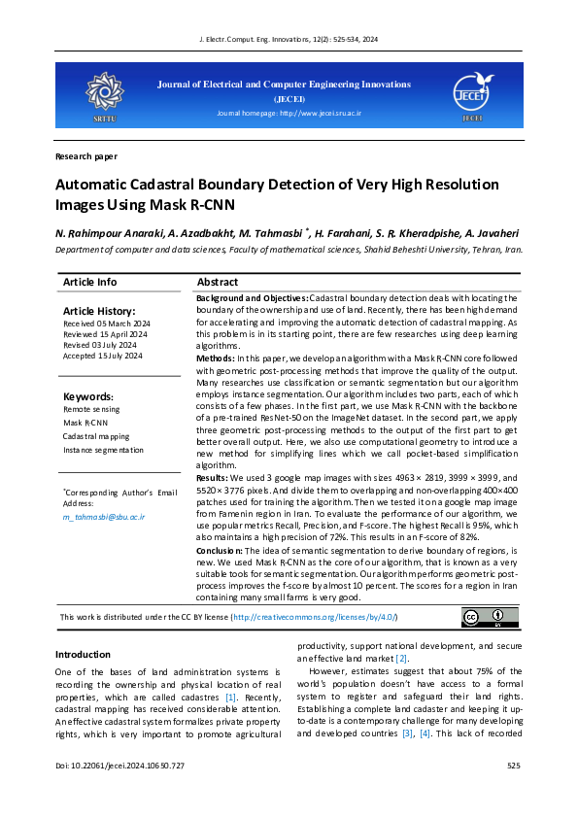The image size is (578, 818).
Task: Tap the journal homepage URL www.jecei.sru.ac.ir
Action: pos(320,114)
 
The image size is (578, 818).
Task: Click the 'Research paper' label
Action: pos(86,155)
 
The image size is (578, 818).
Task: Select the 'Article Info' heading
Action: pos(89,282)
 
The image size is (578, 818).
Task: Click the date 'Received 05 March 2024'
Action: pos(107,324)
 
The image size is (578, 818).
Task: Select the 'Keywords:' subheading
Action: pos(87,397)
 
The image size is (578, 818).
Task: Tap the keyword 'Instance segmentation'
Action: pos(104,450)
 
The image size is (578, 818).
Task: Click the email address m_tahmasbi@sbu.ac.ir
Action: pos(104,517)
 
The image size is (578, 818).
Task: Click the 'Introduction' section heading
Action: pos(83,655)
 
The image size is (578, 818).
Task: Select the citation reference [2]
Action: pos(401,660)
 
